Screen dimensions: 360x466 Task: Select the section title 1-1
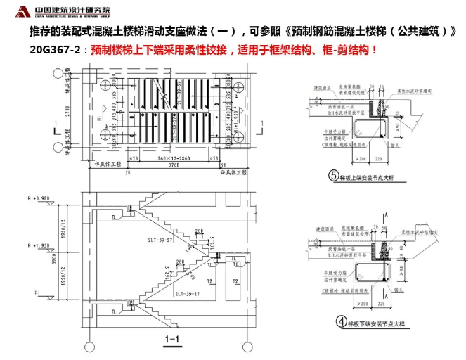173,341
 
